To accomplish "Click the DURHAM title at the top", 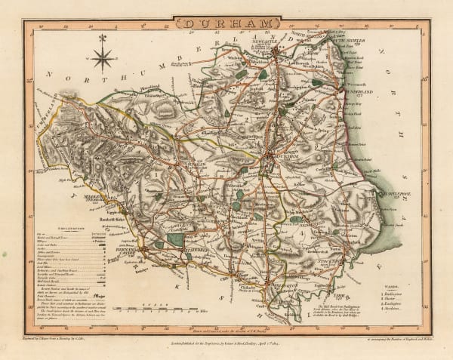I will click(226, 23).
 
